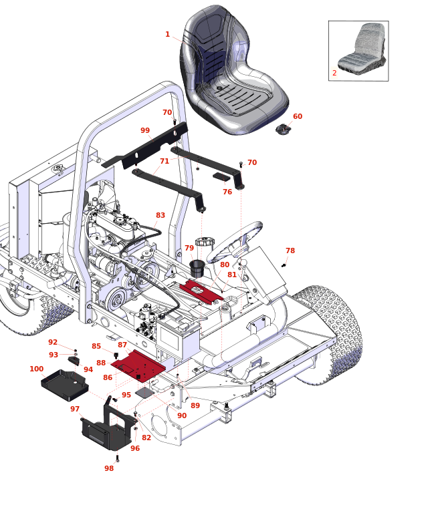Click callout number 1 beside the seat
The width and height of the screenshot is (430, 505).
[x=167, y=34]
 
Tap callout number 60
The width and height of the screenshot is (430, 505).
[x=298, y=116]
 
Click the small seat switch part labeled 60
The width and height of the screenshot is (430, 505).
[x=283, y=128]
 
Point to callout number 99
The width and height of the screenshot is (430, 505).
[x=145, y=130]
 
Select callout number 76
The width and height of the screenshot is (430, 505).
[x=227, y=192]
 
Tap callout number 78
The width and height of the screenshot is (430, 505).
[x=290, y=250]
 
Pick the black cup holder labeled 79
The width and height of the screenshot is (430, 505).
[x=197, y=269]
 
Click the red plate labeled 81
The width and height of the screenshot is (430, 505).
[x=203, y=291]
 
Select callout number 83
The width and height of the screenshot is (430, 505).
[x=160, y=215]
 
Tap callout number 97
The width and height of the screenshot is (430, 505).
[x=75, y=409]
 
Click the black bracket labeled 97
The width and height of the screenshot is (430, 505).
[x=107, y=431]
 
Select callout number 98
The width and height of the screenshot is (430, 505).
[x=109, y=468]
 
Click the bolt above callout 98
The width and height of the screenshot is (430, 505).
[x=118, y=458]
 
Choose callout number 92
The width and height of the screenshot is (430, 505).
[x=53, y=342]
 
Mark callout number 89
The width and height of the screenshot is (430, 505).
[x=195, y=405]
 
